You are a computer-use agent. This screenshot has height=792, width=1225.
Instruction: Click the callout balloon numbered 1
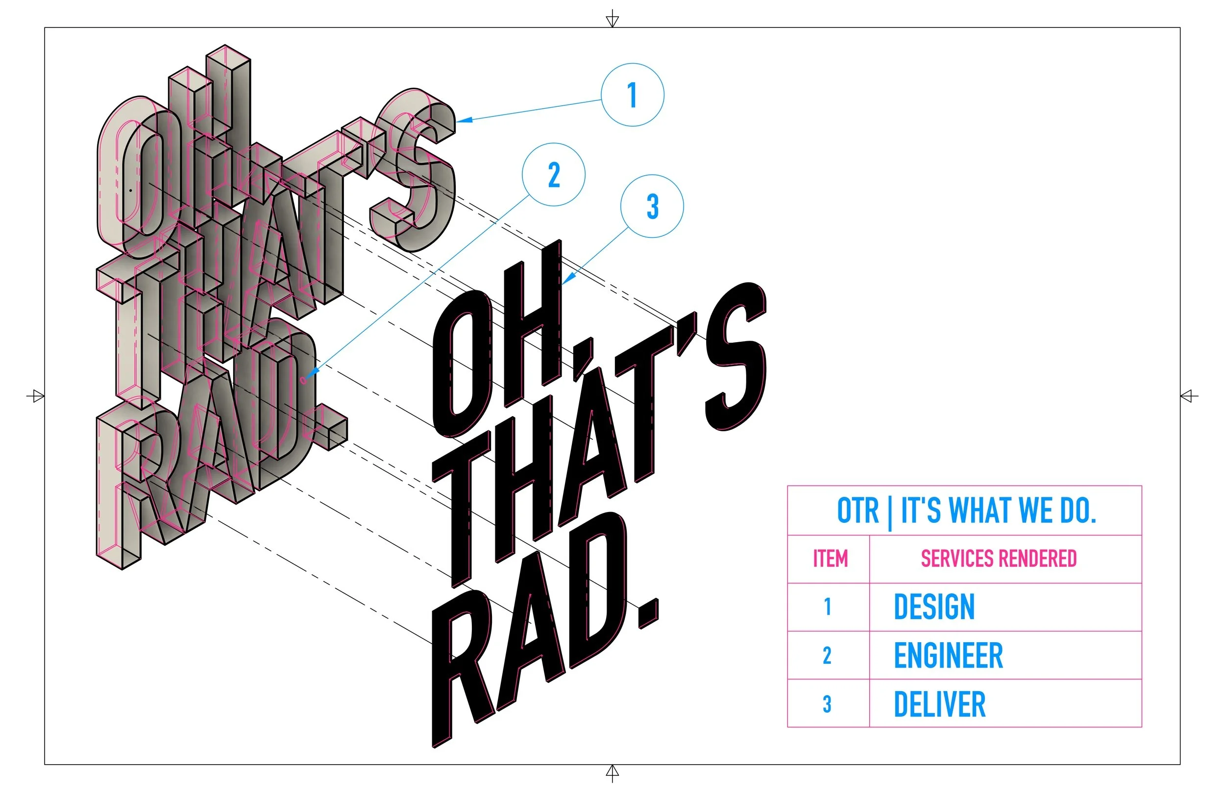coord(632,94)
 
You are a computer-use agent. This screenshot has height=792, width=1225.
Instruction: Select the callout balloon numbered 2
coord(553,174)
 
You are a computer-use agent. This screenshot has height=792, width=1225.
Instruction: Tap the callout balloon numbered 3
coord(652,206)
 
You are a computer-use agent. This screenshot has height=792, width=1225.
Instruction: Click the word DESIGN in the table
coord(934,607)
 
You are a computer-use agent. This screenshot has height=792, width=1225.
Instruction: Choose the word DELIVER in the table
coord(939,704)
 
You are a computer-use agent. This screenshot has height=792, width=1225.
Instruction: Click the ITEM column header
coord(830,559)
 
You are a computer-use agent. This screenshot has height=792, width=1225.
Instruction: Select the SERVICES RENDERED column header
coord(999,559)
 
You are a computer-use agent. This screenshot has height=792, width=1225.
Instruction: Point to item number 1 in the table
coord(827,607)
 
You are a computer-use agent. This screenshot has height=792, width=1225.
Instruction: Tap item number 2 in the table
coord(827,655)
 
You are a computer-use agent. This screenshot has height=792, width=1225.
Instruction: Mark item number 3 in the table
coord(827,704)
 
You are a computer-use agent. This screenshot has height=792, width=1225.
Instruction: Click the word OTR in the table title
coord(857,511)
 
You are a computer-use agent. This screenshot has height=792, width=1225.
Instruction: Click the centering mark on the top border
coord(612,20)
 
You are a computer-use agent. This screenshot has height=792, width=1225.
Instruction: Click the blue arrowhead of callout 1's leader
coord(463,120)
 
